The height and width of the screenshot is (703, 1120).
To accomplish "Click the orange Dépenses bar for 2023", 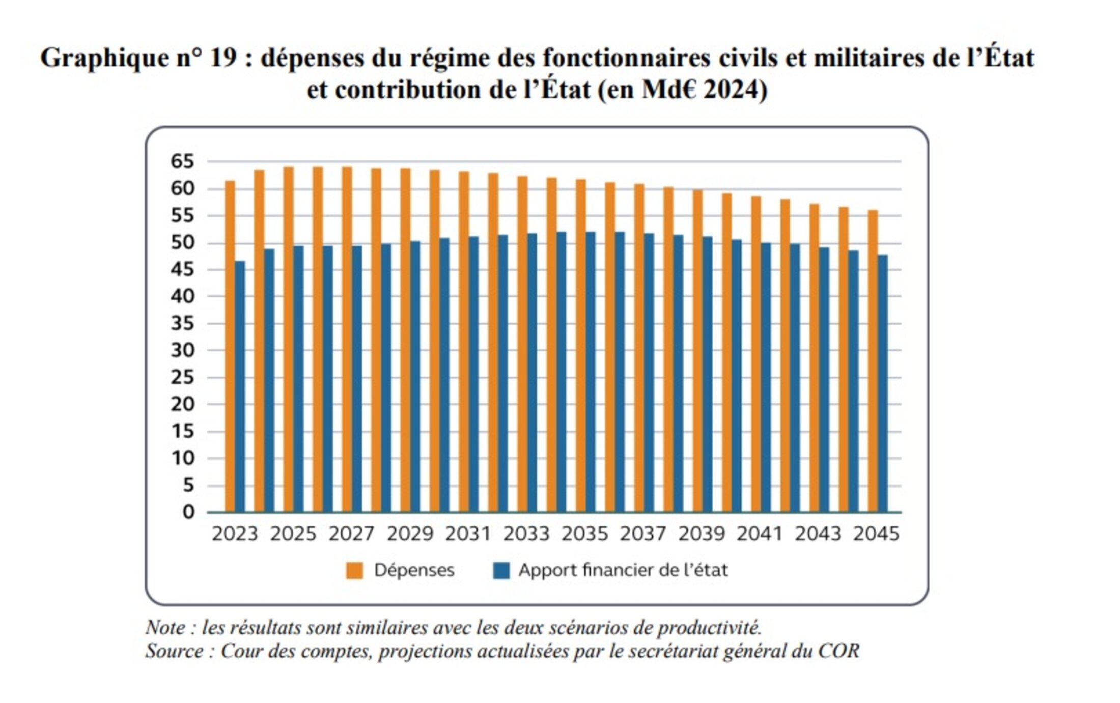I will pyautogui.click(x=230, y=346).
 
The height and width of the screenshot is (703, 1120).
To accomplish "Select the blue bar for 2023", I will pyautogui.click(x=240, y=387).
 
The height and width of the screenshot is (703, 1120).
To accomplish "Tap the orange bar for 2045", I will pyautogui.click(x=873, y=361).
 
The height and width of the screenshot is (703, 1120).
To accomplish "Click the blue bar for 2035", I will pyautogui.click(x=591, y=372).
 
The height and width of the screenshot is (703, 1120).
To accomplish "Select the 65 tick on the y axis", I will pyautogui.click(x=182, y=162).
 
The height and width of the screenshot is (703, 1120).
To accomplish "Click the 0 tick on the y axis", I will pyautogui.click(x=188, y=512).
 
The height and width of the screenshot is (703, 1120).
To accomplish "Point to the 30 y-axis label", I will pyautogui.click(x=182, y=350).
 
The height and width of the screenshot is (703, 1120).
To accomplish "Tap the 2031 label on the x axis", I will pyautogui.click(x=468, y=533).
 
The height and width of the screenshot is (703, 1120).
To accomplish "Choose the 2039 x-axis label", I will pyautogui.click(x=701, y=533).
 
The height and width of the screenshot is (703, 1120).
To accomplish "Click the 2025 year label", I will pyautogui.click(x=293, y=533).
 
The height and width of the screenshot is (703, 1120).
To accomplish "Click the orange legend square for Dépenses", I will pyautogui.click(x=354, y=571).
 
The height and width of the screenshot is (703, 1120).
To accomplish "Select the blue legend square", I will pyautogui.click(x=501, y=571).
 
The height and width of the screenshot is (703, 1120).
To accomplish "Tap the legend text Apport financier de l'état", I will pyautogui.click(x=623, y=570).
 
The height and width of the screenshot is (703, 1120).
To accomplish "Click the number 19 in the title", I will pyautogui.click(x=223, y=58).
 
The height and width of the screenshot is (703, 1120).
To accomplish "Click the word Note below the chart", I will pyautogui.click(x=165, y=628).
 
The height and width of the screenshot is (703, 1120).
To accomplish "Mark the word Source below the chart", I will pyautogui.click(x=175, y=651).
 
